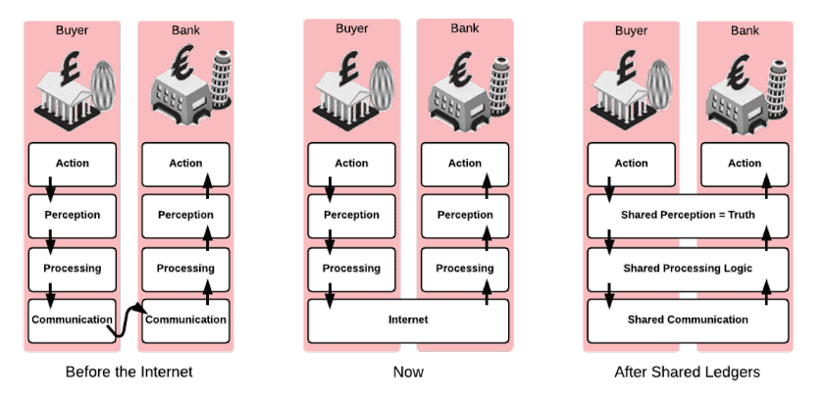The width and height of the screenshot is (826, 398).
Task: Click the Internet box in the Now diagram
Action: pyautogui.click(x=408, y=320)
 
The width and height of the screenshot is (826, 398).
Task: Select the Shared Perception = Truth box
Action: pyautogui.click(x=688, y=215)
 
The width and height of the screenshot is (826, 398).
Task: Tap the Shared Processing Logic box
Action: pyautogui.click(x=688, y=268)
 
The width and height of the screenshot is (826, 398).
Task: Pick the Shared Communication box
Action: pyautogui.click(x=688, y=320)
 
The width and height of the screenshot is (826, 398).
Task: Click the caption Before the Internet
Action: pyautogui.click(x=129, y=373)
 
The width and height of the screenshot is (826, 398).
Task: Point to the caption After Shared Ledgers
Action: pyautogui.click(x=687, y=373)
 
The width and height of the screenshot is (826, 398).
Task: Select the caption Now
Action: pyautogui.click(x=408, y=373)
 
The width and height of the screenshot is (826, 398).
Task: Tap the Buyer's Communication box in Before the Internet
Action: pyautogui.click(x=72, y=320)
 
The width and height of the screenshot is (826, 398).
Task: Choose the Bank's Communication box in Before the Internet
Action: pyautogui.click(x=186, y=320)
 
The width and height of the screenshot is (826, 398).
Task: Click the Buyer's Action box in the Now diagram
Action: pyautogui.click(x=351, y=163)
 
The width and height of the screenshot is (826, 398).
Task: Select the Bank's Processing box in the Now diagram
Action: pyautogui.click(x=465, y=268)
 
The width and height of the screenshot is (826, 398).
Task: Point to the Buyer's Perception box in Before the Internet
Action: pyautogui.click(x=72, y=215)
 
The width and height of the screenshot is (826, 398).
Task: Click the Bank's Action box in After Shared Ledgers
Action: pyautogui.click(x=745, y=163)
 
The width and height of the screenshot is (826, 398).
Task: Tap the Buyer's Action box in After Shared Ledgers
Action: pyautogui.click(x=631, y=163)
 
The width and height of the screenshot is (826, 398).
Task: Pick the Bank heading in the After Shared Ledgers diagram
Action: pyautogui.click(x=745, y=30)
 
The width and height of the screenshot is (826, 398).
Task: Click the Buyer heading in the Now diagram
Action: pyautogui.click(x=351, y=28)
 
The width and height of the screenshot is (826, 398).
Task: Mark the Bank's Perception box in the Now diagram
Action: pyautogui.click(x=465, y=215)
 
